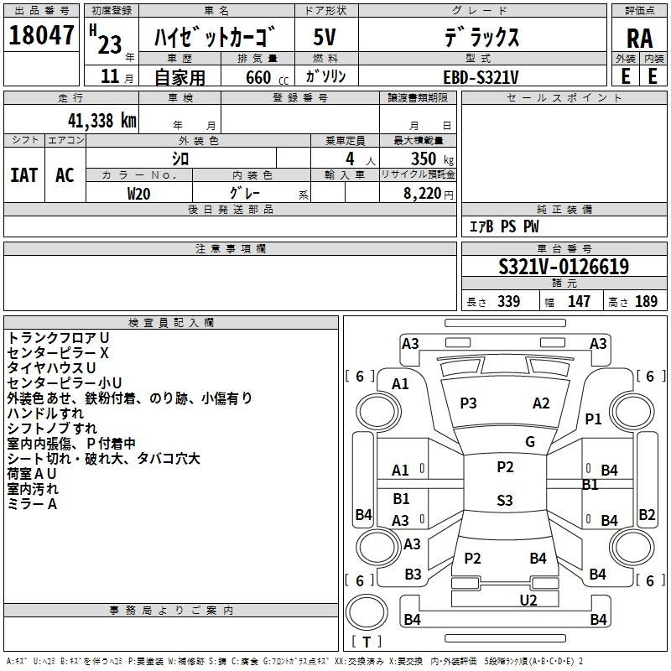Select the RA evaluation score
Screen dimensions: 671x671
639,39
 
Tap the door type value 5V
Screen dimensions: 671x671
326,38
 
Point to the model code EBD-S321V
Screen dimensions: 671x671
481,76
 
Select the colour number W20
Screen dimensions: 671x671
139,193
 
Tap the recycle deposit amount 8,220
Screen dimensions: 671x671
424,194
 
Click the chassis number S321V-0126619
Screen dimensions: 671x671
564,267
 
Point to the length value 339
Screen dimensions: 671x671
508,302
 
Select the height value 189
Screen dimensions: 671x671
647,302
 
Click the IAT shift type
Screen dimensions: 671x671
24,174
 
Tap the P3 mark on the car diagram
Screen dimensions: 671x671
468,403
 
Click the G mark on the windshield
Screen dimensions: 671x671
530,442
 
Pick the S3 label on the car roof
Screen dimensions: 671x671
504,501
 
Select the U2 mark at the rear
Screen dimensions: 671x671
528,600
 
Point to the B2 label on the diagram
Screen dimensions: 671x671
647,515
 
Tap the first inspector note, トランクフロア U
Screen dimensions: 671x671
59,337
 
